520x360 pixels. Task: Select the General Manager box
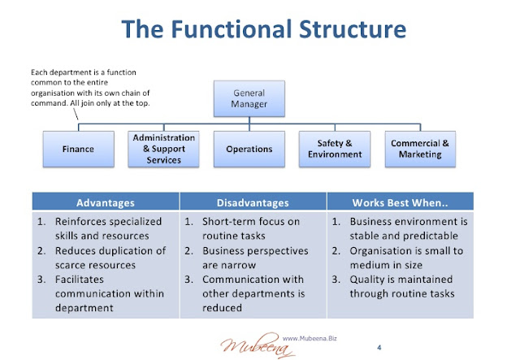point(249,99)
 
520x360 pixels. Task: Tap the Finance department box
point(78,149)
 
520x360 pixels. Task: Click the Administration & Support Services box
point(163,149)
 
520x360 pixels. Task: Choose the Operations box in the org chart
point(249,149)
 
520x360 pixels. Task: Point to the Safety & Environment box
point(335,149)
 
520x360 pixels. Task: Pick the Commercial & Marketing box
point(420,149)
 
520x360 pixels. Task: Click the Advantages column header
point(105,202)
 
